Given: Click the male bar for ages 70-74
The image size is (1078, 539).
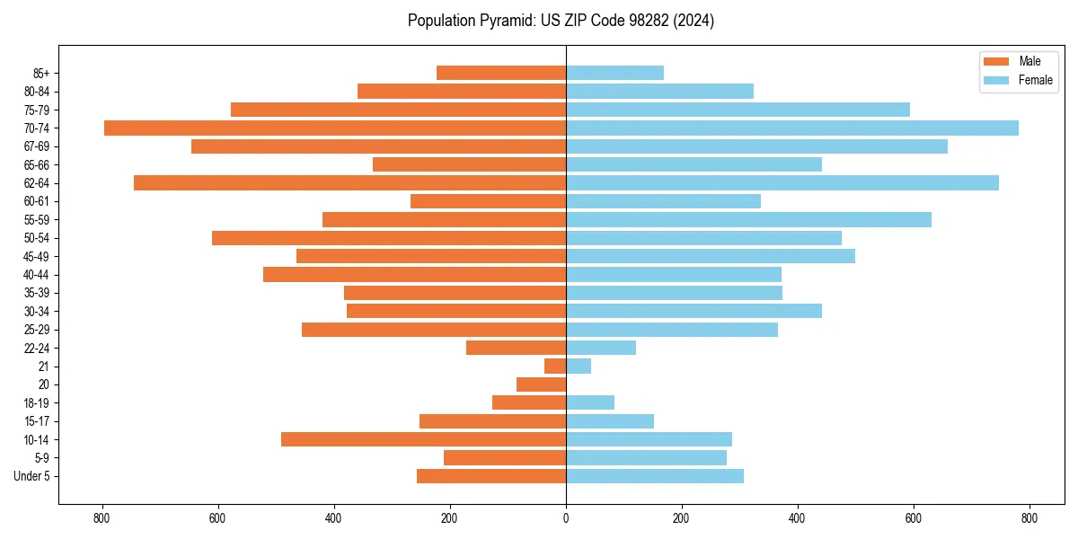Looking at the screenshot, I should [x=335, y=128].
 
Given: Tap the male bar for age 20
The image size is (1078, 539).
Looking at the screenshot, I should [x=541, y=384].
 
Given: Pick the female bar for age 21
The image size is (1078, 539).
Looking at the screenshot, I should [x=579, y=366].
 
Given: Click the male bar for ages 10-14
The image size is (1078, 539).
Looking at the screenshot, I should [x=423, y=439].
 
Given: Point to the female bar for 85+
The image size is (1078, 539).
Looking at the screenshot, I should [x=614, y=73].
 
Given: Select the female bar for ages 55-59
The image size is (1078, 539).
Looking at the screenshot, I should [x=748, y=219].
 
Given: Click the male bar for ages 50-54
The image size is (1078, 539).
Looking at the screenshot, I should [x=389, y=238].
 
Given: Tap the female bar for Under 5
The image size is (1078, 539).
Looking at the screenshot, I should [x=655, y=476].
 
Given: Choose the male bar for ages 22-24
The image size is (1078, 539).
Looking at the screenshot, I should [x=516, y=348].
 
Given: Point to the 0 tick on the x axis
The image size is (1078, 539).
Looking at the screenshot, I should [x=566, y=518].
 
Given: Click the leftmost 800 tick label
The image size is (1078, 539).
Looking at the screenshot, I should [x=102, y=518].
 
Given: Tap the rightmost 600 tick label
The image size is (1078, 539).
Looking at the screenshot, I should [x=914, y=518].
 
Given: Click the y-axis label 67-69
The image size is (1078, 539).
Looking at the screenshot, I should [x=37, y=146].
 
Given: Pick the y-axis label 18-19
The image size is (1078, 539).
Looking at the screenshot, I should [x=37, y=402].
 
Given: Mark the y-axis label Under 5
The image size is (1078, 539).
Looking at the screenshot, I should [x=32, y=476].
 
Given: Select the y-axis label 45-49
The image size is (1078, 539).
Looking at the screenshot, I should [x=37, y=256].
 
